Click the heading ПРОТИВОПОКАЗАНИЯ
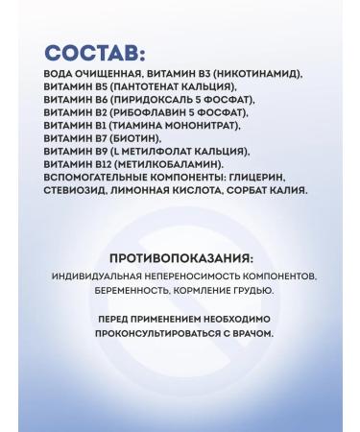click(181, 258)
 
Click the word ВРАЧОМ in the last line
click(252, 335)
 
